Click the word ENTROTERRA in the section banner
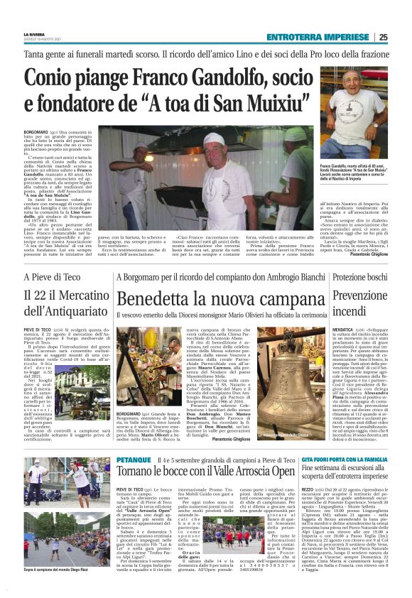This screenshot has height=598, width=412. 298,38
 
